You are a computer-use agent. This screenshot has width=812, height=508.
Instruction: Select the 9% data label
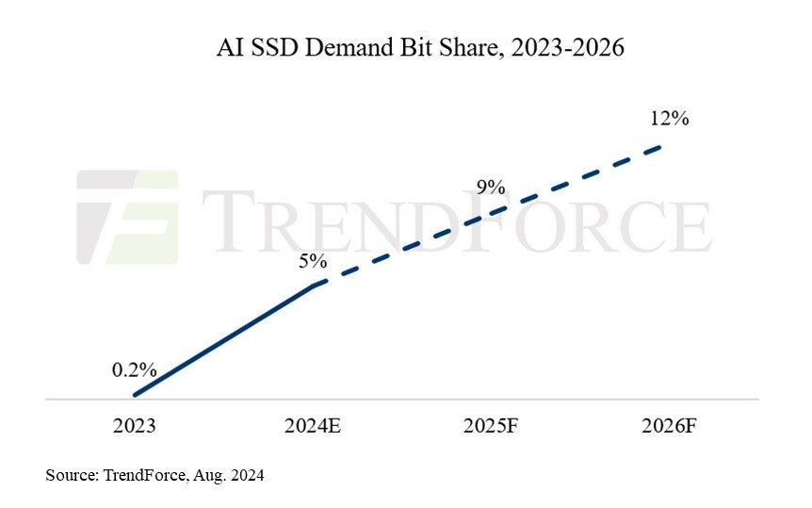pyautogui.click(x=491, y=188)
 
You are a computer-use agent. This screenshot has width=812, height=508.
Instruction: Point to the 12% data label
pyautogui.click(x=670, y=119)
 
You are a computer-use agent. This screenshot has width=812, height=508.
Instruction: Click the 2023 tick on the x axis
pyautogui.click(x=133, y=426)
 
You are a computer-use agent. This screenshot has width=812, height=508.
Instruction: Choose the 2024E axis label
pyautogui.click(x=312, y=426)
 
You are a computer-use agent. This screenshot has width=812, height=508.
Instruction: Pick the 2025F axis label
pyautogui.click(x=491, y=426)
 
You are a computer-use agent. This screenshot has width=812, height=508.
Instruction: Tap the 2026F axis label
pyautogui.click(x=670, y=426)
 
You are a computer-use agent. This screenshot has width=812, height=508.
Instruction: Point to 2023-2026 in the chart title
pyautogui.click(x=573, y=48)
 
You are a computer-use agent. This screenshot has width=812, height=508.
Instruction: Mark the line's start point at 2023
pyautogui.click(x=135, y=395)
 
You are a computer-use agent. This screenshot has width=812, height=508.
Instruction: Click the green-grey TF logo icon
pyautogui.click(x=127, y=216)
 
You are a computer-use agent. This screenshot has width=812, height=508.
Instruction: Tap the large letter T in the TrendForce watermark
pyautogui.click(x=230, y=221)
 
